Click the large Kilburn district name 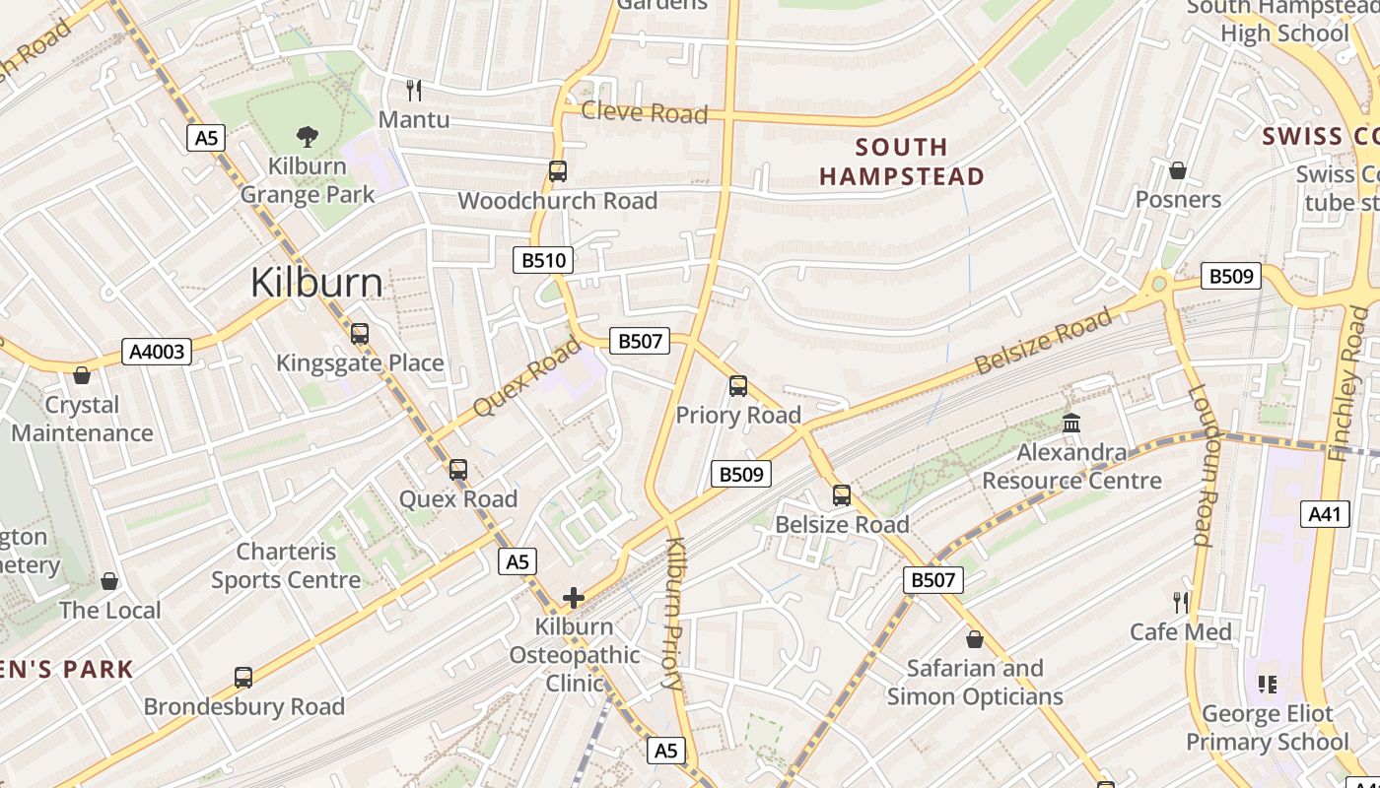(x=316, y=283)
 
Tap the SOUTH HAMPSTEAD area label (x=901, y=162)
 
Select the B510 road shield (x=543, y=260)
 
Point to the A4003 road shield (x=157, y=352)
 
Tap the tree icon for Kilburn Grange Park (x=308, y=137)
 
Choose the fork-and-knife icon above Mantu (x=414, y=91)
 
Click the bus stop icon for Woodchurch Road (x=558, y=171)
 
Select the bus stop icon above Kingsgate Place (x=360, y=334)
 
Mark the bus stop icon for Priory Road (x=738, y=386)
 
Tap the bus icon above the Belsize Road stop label (x=842, y=495)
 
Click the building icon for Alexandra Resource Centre (x=1071, y=424)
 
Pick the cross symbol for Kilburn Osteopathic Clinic (x=574, y=597)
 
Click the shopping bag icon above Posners (x=1177, y=170)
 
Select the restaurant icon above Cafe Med (x=1181, y=602)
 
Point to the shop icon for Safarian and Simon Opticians (x=975, y=639)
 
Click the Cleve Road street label (x=644, y=112)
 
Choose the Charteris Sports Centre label (x=286, y=565)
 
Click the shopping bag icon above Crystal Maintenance (x=82, y=375)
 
